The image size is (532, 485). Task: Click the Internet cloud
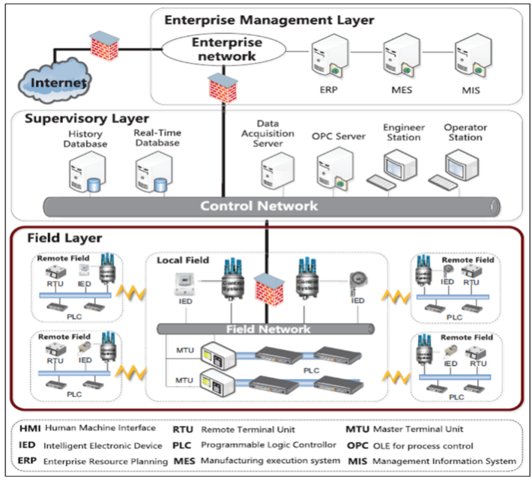[x=52, y=79]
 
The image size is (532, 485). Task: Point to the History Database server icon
[x=84, y=169]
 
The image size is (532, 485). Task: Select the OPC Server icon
[x=332, y=167]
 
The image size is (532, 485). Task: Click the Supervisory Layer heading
[x=87, y=118]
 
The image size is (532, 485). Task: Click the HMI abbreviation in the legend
[x=28, y=430]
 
